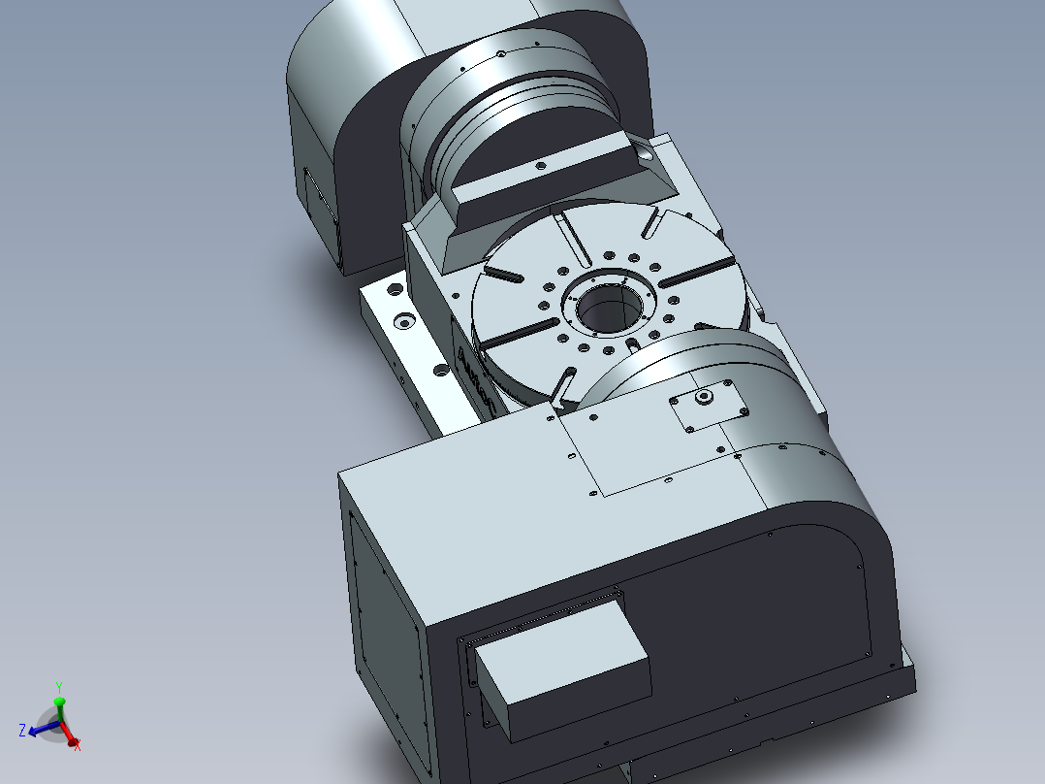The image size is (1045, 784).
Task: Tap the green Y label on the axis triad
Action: coord(59,686)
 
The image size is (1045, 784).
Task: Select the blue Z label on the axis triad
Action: coord(22,730)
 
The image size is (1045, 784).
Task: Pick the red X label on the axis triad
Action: coord(78,745)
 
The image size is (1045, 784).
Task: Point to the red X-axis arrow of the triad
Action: coord(70,738)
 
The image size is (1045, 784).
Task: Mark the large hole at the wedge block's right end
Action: coord(646,153)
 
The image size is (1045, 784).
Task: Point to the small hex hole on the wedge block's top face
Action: coord(540,167)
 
